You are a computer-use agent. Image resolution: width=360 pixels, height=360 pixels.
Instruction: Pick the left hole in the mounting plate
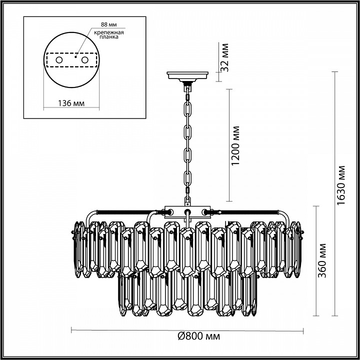pos(59,60)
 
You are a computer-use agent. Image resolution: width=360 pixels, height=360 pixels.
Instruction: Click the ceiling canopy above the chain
pos(188,76)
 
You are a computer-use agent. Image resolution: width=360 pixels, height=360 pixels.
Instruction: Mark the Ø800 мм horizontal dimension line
pos(125,330)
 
